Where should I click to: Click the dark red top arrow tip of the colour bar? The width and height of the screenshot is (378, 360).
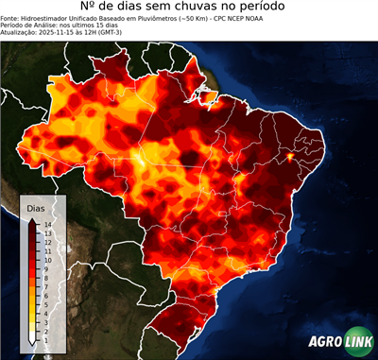33,219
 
